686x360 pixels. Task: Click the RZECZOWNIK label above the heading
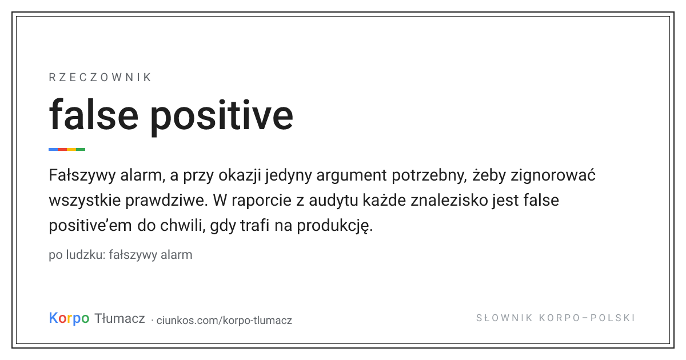pyautogui.click(x=100, y=78)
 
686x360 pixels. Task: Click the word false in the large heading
pyautogui.click(x=94, y=115)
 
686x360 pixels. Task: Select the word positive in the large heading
pyautogui.click(x=222, y=117)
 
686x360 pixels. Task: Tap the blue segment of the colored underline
pyautogui.click(x=53, y=149)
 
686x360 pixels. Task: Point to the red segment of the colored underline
pyautogui.click(x=62, y=149)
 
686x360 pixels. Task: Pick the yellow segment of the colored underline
pyautogui.click(x=71, y=149)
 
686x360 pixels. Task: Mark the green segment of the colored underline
pyautogui.click(x=81, y=149)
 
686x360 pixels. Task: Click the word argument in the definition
pyautogui.click(x=352, y=177)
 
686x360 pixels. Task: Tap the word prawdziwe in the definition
pyautogui.click(x=165, y=201)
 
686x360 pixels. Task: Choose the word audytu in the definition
pyautogui.click(x=333, y=201)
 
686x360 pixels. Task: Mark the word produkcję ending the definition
pyautogui.click(x=335, y=226)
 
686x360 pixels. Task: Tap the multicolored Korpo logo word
pyautogui.click(x=69, y=318)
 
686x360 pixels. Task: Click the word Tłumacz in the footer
pyautogui.click(x=119, y=318)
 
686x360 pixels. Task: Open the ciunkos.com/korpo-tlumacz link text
pyautogui.click(x=224, y=321)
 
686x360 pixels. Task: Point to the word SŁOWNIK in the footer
pyautogui.click(x=504, y=318)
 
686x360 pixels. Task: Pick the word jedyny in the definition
pyautogui.click(x=289, y=177)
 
